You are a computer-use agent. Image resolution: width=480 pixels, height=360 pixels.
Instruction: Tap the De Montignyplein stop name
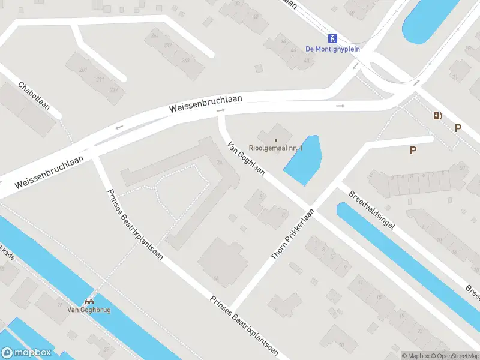332,49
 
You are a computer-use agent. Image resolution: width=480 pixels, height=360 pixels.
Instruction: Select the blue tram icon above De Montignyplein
332,37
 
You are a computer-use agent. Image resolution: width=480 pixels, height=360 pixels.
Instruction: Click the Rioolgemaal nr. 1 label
277,148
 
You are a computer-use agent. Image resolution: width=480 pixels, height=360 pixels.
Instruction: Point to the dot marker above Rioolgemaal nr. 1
276,140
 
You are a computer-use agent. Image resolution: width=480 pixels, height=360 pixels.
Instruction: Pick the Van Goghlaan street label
245,160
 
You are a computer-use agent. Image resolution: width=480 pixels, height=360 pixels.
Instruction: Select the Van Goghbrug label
89,310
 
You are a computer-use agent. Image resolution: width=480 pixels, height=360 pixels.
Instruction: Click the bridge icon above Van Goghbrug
89,302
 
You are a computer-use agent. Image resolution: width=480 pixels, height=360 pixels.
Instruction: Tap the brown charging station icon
438,115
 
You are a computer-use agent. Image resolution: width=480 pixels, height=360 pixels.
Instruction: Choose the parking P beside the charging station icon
458,127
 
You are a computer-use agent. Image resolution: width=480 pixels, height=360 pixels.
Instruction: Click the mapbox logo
26,353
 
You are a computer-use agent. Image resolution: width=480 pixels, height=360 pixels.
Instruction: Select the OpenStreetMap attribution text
455,356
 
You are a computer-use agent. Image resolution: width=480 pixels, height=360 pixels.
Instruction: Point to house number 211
100,79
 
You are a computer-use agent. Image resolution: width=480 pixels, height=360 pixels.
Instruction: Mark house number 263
185,61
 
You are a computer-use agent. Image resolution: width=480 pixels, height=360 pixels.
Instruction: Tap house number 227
114,89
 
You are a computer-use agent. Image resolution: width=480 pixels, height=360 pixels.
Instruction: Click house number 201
83,70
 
